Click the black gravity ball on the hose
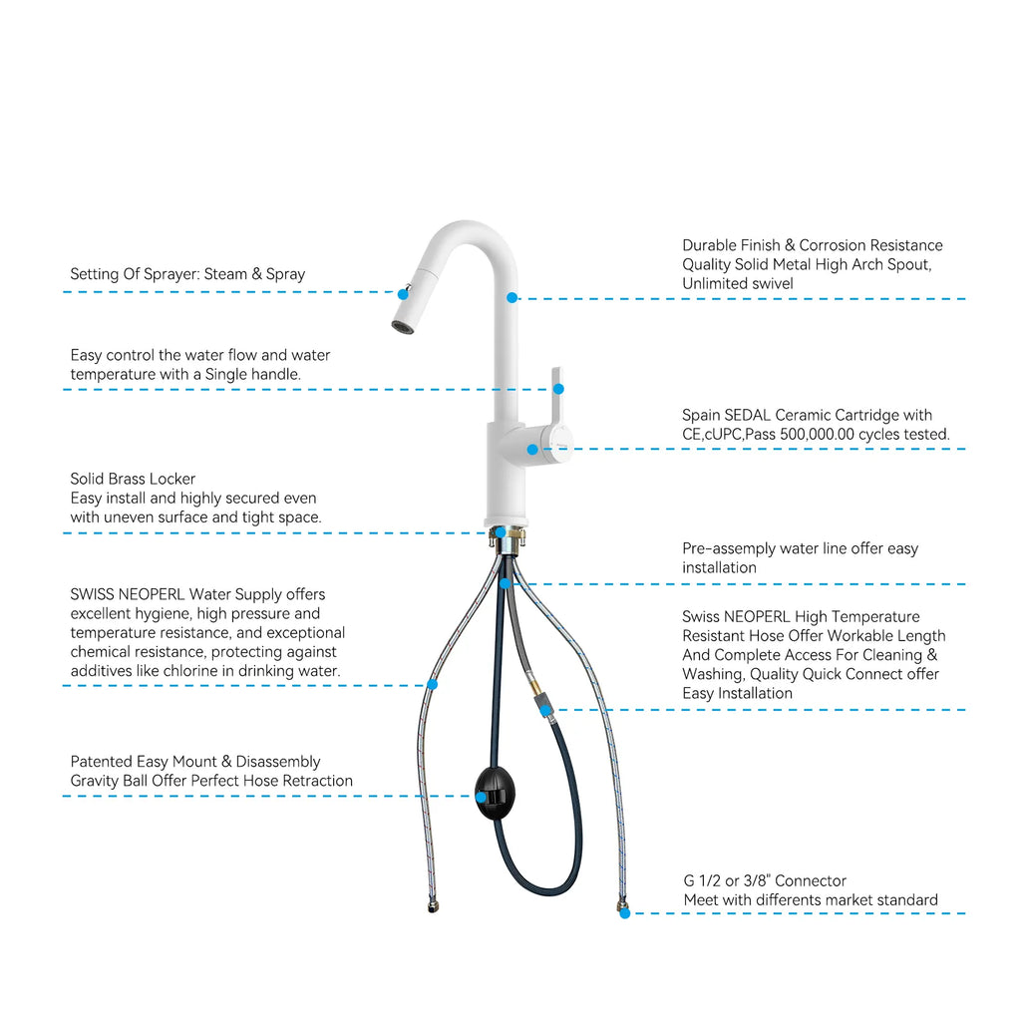click(x=496, y=793)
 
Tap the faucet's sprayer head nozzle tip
click(x=403, y=326)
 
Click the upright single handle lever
click(x=556, y=397)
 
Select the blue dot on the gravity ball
click(x=481, y=797)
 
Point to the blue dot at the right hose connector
click(x=624, y=913)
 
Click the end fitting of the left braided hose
click(x=433, y=905)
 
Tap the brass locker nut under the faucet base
click(x=508, y=537)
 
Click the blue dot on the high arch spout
click(x=511, y=297)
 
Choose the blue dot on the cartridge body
click(x=532, y=450)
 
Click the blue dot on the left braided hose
click(x=433, y=684)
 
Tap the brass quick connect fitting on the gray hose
click(x=534, y=687)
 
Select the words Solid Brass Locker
click(x=133, y=479)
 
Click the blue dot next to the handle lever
click(x=558, y=389)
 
